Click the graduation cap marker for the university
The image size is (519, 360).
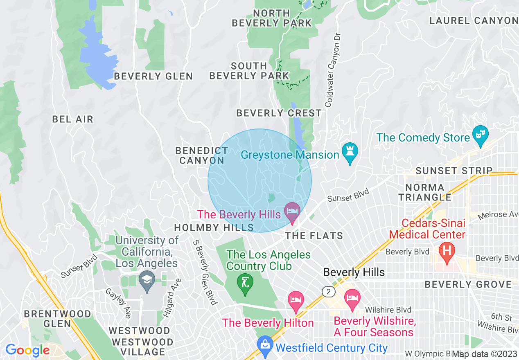pos(146,280)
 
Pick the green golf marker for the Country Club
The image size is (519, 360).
pos(245,283)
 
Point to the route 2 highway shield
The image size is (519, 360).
pos(328,291)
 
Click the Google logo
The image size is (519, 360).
pos(27,350)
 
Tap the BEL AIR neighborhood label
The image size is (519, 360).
pos(73,119)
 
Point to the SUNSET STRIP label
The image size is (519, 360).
pos(454,171)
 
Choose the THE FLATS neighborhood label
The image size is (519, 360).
pos(314,236)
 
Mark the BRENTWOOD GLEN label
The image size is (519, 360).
pos(57,319)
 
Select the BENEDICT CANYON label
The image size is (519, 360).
pos(202,155)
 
